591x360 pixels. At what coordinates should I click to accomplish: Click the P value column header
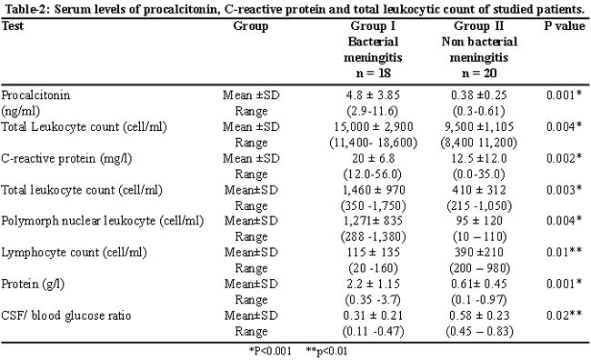click(565, 25)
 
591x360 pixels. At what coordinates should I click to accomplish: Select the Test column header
click(13, 25)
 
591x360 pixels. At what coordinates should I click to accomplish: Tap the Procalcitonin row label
click(35, 95)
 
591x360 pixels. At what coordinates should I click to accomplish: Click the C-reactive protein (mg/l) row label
click(66, 159)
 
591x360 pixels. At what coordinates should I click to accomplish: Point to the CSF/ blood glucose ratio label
click(66, 315)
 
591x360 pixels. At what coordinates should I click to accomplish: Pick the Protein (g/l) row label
click(33, 285)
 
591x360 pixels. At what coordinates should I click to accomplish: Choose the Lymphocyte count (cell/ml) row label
click(74, 253)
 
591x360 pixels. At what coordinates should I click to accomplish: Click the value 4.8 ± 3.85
click(373, 95)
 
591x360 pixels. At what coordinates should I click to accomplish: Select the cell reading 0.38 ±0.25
click(478, 95)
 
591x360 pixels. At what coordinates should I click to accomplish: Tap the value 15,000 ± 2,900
click(374, 126)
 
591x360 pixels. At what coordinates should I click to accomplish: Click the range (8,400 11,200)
click(478, 143)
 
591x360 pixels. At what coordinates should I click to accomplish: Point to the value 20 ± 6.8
click(374, 158)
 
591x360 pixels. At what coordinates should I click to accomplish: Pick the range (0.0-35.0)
click(478, 175)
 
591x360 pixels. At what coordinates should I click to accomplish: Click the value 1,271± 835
click(373, 221)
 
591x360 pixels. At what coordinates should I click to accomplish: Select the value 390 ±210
click(479, 252)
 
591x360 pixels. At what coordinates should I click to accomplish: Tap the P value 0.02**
click(565, 315)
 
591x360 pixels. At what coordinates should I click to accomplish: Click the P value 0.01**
click(565, 252)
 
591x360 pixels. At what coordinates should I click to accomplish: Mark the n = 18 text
click(373, 73)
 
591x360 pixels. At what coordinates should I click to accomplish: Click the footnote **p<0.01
click(326, 351)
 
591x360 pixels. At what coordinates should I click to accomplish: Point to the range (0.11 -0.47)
click(373, 331)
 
